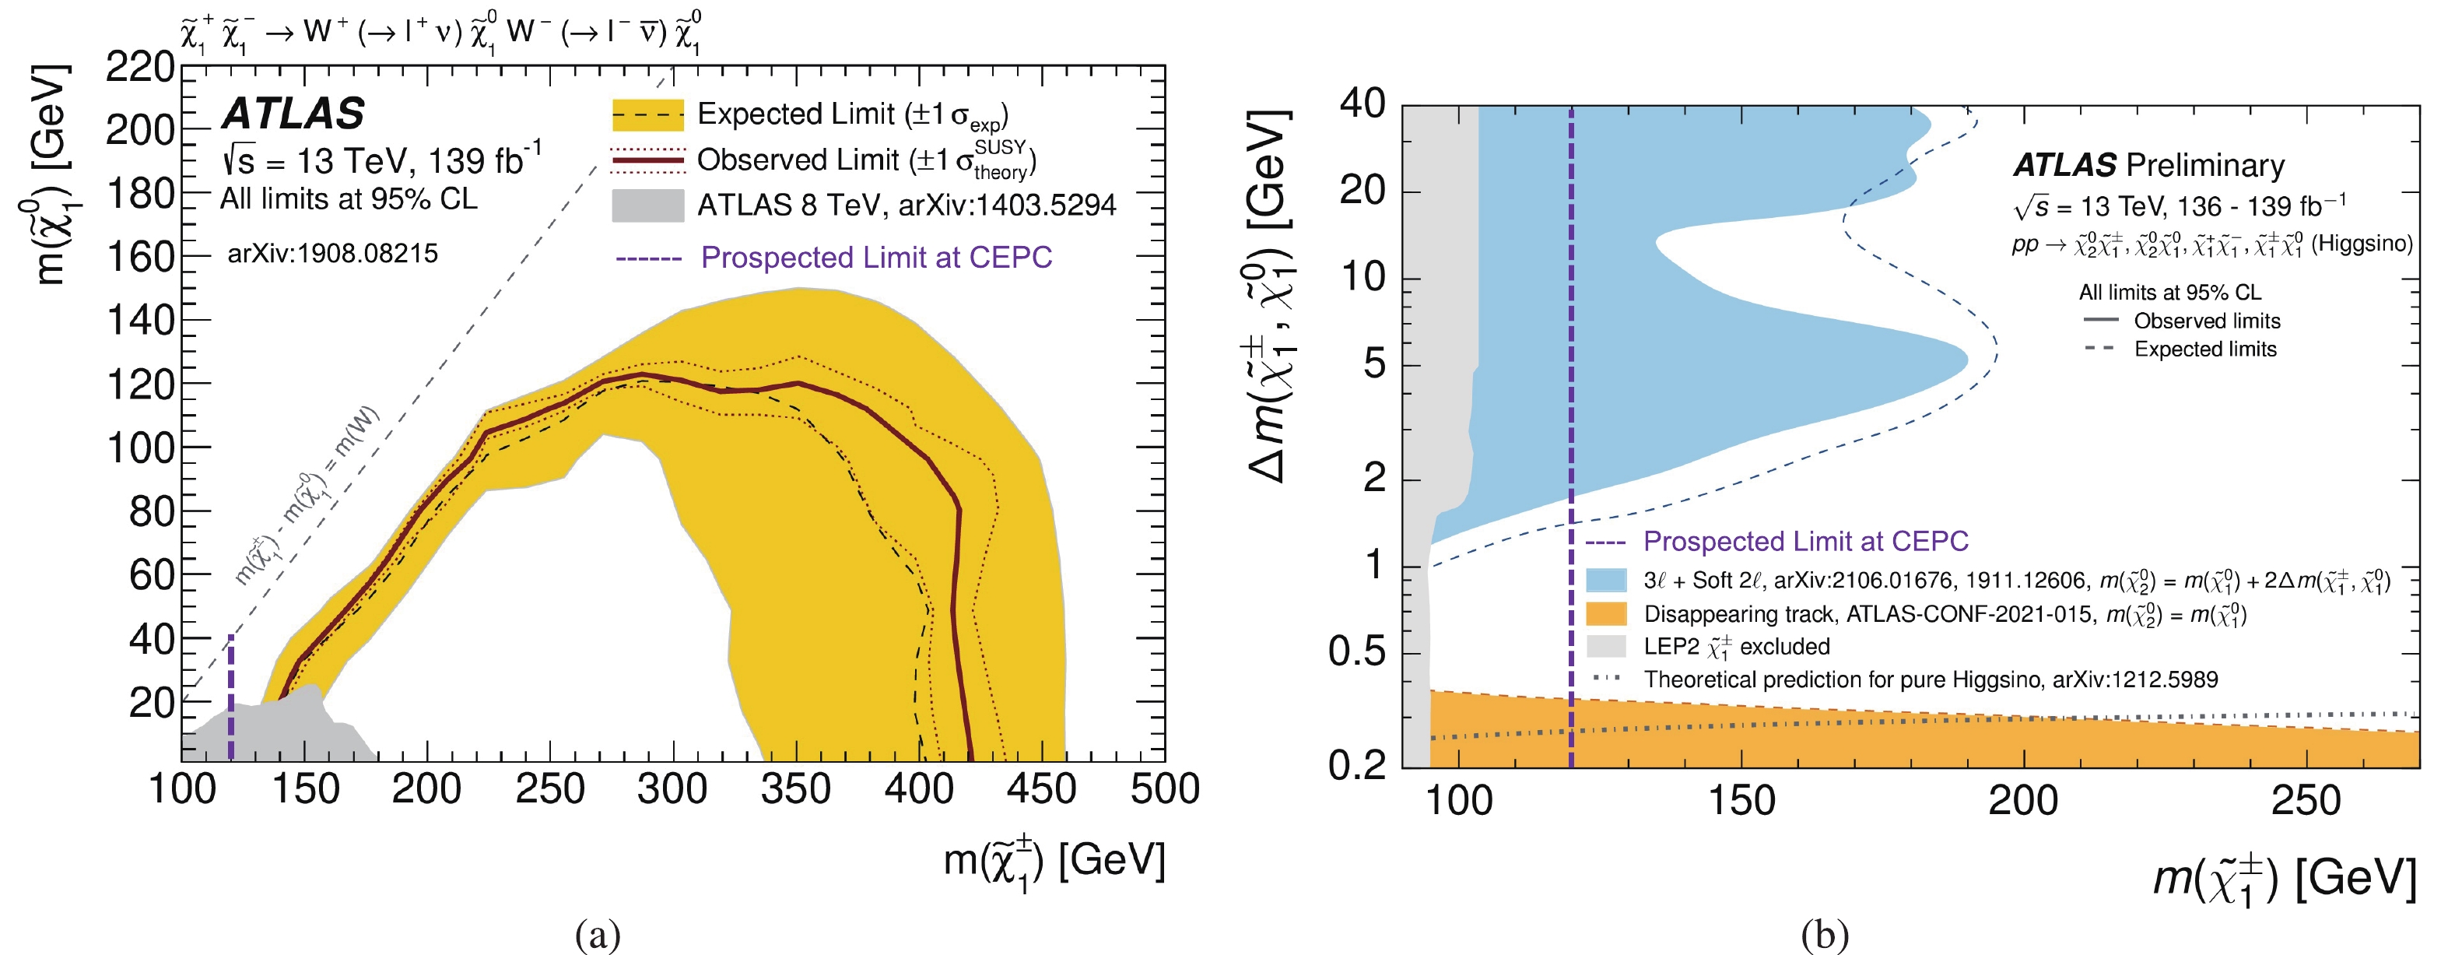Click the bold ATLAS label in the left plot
tap(293, 114)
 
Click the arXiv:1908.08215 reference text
tap(332, 254)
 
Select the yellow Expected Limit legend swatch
tap(647, 114)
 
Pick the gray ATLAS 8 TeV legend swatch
tap(647, 205)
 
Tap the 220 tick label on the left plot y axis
tap(140, 67)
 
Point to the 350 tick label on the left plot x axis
tap(795, 789)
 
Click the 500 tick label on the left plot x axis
tap(1165, 789)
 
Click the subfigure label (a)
tap(598, 935)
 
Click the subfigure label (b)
tap(1824, 935)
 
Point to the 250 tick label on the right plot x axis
tap(2305, 801)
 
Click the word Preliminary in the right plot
tap(2205, 166)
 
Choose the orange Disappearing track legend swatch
tap(1606, 614)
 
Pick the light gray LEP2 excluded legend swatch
tap(1606, 646)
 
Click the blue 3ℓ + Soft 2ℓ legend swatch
tap(1606, 580)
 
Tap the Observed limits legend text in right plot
tap(2207, 321)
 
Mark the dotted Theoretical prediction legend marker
tap(1606, 679)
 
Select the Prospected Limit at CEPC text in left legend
tap(876, 258)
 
